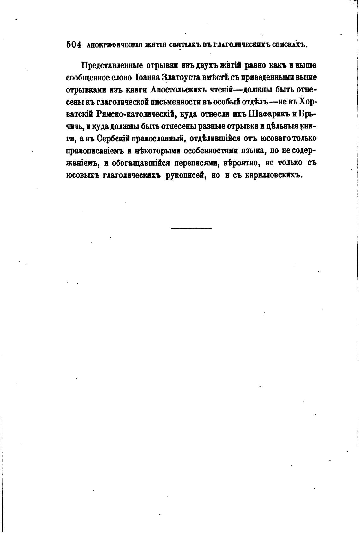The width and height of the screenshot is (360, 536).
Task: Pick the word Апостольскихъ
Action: [x=178, y=90]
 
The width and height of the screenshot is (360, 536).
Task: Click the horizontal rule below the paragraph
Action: [x=191, y=228]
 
